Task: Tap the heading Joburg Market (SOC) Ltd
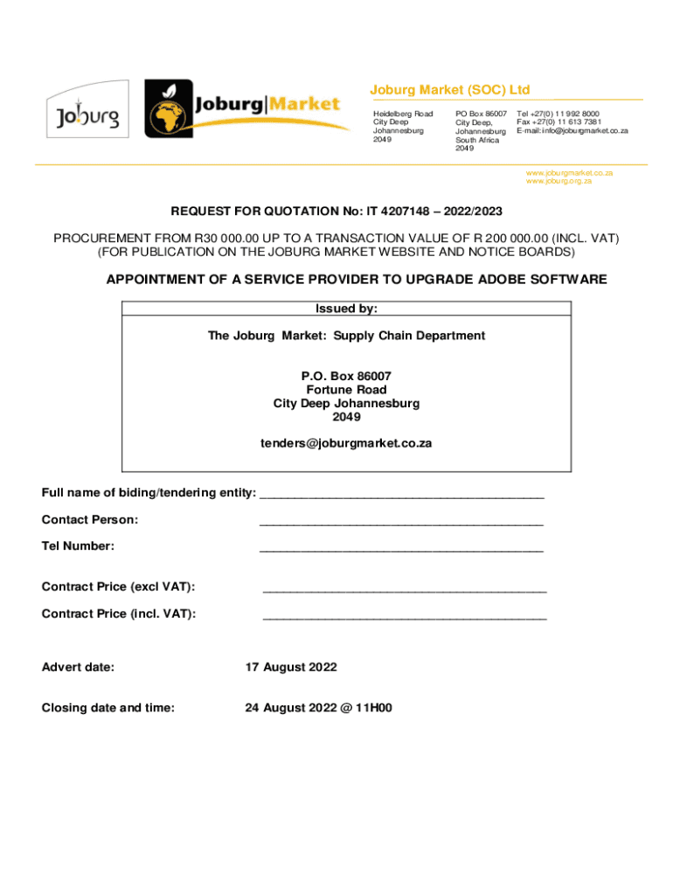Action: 450,90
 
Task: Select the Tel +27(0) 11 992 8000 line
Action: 558,114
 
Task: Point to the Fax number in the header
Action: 558,122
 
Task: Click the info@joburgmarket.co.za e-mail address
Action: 585,131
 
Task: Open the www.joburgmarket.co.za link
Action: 569,173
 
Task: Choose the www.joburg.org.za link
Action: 559,181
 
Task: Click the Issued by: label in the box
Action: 346,309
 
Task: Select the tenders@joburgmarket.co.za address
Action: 346,443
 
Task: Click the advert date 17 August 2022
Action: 290,667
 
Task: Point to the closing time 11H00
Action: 374,708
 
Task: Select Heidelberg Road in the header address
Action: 403,114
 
